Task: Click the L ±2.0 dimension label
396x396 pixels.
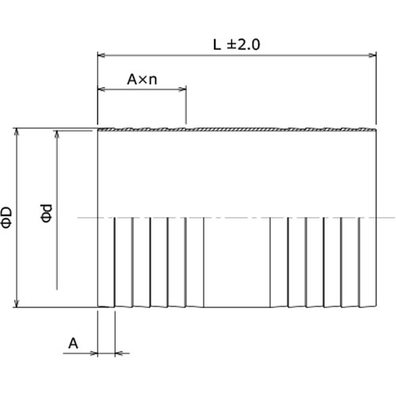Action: pos(237,44)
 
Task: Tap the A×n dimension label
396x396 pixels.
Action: pos(142,79)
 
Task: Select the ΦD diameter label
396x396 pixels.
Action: pos(6,217)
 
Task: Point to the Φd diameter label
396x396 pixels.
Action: pos(47,213)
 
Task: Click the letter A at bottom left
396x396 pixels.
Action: pos(73,343)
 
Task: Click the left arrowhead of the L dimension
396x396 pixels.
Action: pos(101,55)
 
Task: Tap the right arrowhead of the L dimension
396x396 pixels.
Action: pos(372,55)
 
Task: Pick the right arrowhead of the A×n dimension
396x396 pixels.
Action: pos(182,90)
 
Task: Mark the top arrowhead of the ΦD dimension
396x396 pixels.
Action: pos(17,131)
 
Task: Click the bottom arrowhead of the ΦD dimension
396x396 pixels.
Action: pos(17,303)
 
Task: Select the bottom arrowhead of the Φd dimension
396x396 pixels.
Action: pos(56,285)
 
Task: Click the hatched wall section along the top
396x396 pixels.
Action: pos(238,128)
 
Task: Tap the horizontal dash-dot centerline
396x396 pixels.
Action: pos(238,218)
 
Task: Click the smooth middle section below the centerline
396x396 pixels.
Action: pos(236,261)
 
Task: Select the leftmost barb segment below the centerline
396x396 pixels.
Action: pos(106,261)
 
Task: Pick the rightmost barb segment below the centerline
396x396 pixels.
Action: pos(367,261)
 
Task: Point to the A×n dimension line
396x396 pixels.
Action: pos(142,90)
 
